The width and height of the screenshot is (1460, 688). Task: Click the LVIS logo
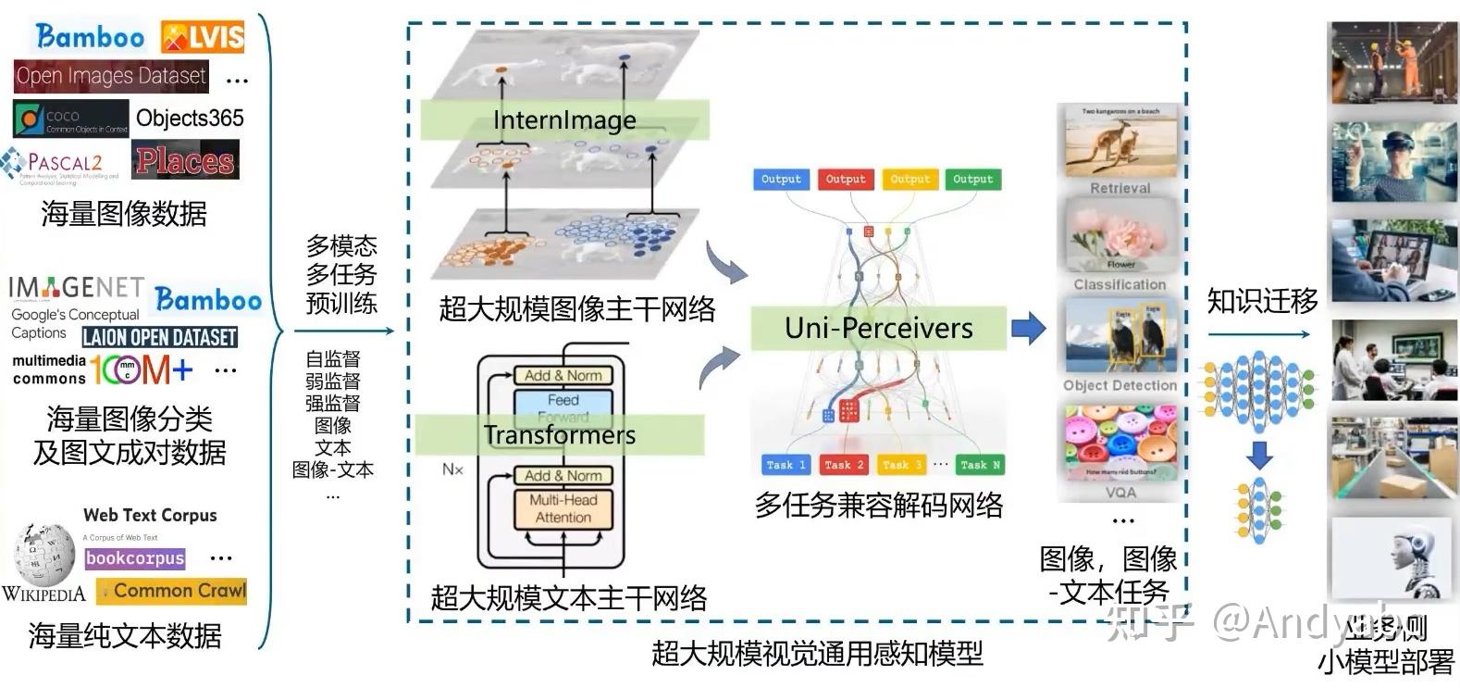pos(203,37)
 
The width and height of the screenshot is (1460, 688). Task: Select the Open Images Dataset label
pos(111,76)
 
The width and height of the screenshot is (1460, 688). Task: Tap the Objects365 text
pos(190,119)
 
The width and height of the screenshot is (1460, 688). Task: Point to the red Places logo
pos(185,160)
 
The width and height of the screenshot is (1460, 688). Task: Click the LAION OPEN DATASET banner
pos(160,337)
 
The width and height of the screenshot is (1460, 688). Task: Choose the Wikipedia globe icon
pos(44,553)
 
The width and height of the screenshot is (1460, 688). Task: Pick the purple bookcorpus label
pos(135,558)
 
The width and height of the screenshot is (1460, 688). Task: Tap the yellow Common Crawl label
pos(173,591)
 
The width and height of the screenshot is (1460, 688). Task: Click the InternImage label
pos(564,120)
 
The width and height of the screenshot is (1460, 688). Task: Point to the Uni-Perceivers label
pos(878,329)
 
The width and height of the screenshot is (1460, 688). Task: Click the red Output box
pos(845,180)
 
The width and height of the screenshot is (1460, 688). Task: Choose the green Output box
pos(972,180)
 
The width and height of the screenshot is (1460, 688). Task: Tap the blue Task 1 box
pos(786,465)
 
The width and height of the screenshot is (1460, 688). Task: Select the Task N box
pos(979,465)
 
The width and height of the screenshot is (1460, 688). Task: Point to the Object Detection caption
pos(1120,385)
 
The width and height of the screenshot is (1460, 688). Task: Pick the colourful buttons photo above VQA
pos(1120,443)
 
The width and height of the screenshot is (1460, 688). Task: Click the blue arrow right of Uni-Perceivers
pos(1028,327)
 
